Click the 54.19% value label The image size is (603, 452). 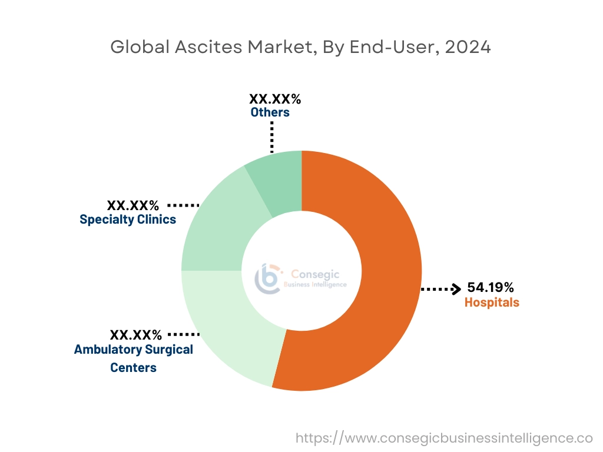(491, 287)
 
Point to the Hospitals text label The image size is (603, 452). (492, 303)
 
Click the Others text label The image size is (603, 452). (270, 112)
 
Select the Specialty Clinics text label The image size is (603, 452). (128, 220)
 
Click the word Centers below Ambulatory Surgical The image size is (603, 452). (133, 368)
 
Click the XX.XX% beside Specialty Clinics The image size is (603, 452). (133, 205)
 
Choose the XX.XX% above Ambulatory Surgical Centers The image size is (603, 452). (136, 335)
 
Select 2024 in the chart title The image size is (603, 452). (468, 47)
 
